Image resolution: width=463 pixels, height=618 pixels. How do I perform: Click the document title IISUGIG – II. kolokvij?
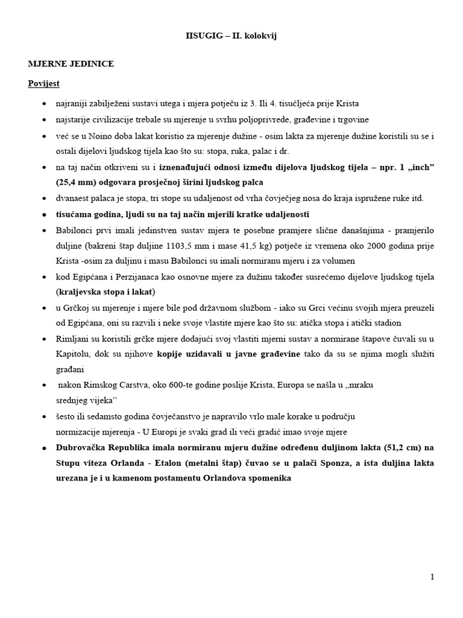(x=231, y=36)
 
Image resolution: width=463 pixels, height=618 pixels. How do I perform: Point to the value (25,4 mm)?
(x=77, y=182)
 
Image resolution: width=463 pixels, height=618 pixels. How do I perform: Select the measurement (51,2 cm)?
(x=402, y=447)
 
